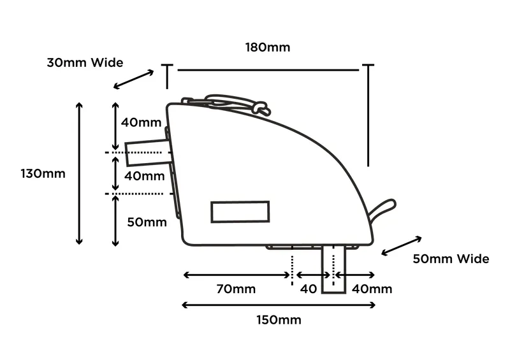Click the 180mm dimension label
click(267, 47)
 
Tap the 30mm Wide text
click(85, 62)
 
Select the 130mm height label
click(43, 173)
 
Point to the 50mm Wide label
click(451, 259)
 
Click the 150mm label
click(279, 319)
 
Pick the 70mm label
click(235, 289)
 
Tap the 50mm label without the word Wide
click(147, 222)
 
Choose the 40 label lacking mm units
click(308, 289)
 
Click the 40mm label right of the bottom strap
click(372, 289)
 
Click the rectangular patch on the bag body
click(240, 212)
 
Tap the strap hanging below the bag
click(333, 269)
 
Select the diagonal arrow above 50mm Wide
click(402, 246)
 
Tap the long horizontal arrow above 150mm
click(279, 305)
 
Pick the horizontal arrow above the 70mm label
click(236, 275)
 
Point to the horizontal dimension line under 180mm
click(268, 69)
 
